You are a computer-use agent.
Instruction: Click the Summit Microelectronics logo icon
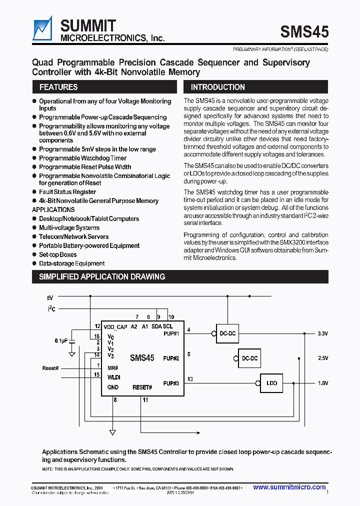[x=42, y=29]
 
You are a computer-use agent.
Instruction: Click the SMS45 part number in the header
[x=304, y=32]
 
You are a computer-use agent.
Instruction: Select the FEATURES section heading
[x=58, y=87]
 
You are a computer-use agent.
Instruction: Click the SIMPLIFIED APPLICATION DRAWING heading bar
[x=102, y=276]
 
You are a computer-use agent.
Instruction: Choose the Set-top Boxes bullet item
[x=58, y=254]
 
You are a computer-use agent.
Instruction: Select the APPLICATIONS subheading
[x=53, y=209]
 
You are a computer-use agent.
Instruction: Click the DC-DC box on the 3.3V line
[x=227, y=333]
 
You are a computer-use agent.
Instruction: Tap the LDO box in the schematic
[x=271, y=383]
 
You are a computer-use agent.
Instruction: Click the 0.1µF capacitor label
[x=61, y=340]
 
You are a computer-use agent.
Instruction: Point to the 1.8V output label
[x=323, y=383]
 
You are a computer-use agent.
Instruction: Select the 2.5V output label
[x=323, y=358]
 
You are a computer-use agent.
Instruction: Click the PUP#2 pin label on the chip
[x=171, y=358]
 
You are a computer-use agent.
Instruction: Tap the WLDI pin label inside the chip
[x=114, y=377]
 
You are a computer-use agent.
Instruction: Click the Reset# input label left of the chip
[x=50, y=368]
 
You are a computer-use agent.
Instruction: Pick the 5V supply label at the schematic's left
[x=50, y=297]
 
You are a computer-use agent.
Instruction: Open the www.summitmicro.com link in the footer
[x=289, y=487]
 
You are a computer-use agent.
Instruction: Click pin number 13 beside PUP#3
[x=190, y=379]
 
